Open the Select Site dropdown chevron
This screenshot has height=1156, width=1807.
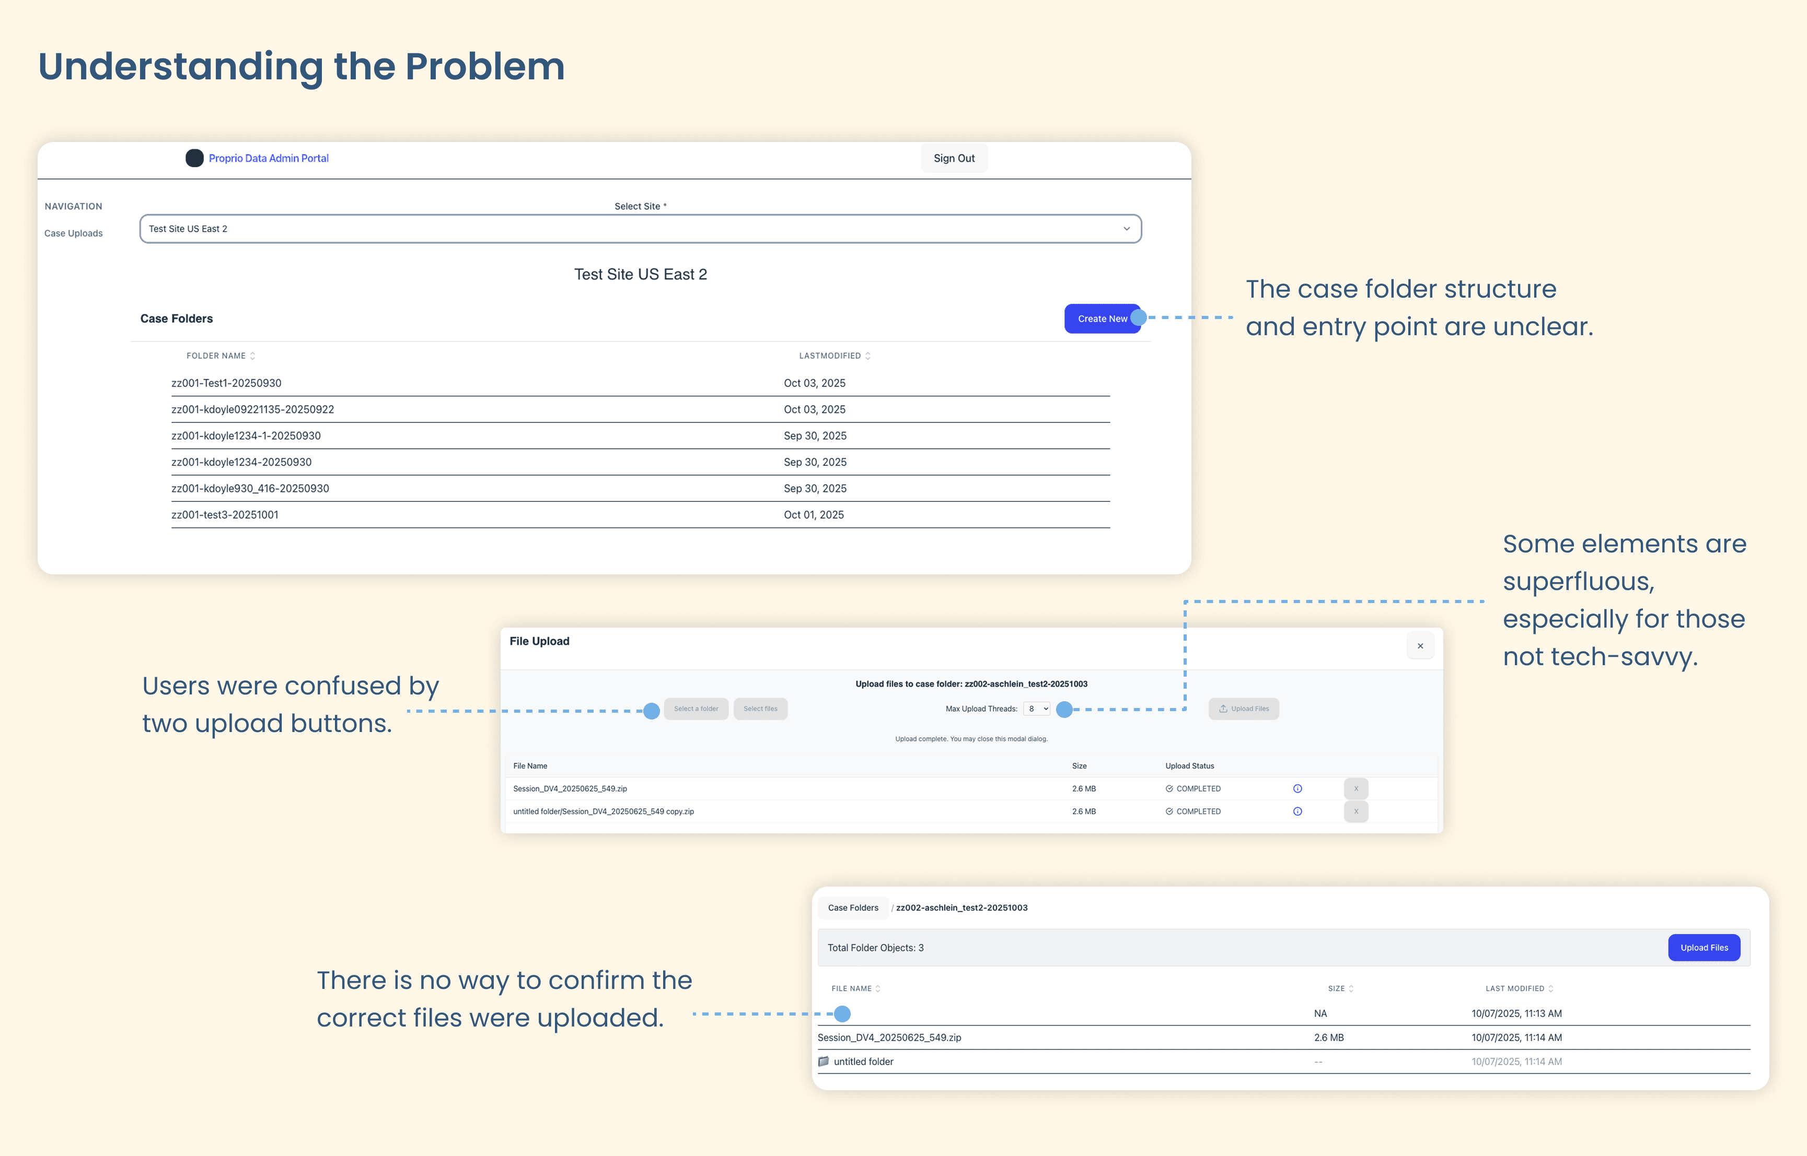coord(1126,229)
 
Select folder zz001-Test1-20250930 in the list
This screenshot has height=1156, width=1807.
coord(226,383)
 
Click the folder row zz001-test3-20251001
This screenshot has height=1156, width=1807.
coord(225,515)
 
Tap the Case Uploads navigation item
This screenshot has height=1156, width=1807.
coord(74,233)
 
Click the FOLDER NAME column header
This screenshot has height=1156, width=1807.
coord(216,356)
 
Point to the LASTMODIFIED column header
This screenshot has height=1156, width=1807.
coord(830,356)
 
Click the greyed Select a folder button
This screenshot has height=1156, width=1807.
coord(696,709)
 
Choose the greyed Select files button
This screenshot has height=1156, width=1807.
coord(760,709)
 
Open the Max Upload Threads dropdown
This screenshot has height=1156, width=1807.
coord(1037,709)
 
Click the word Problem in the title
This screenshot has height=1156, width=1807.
coord(484,67)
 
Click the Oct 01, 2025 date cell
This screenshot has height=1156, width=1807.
coord(814,515)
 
